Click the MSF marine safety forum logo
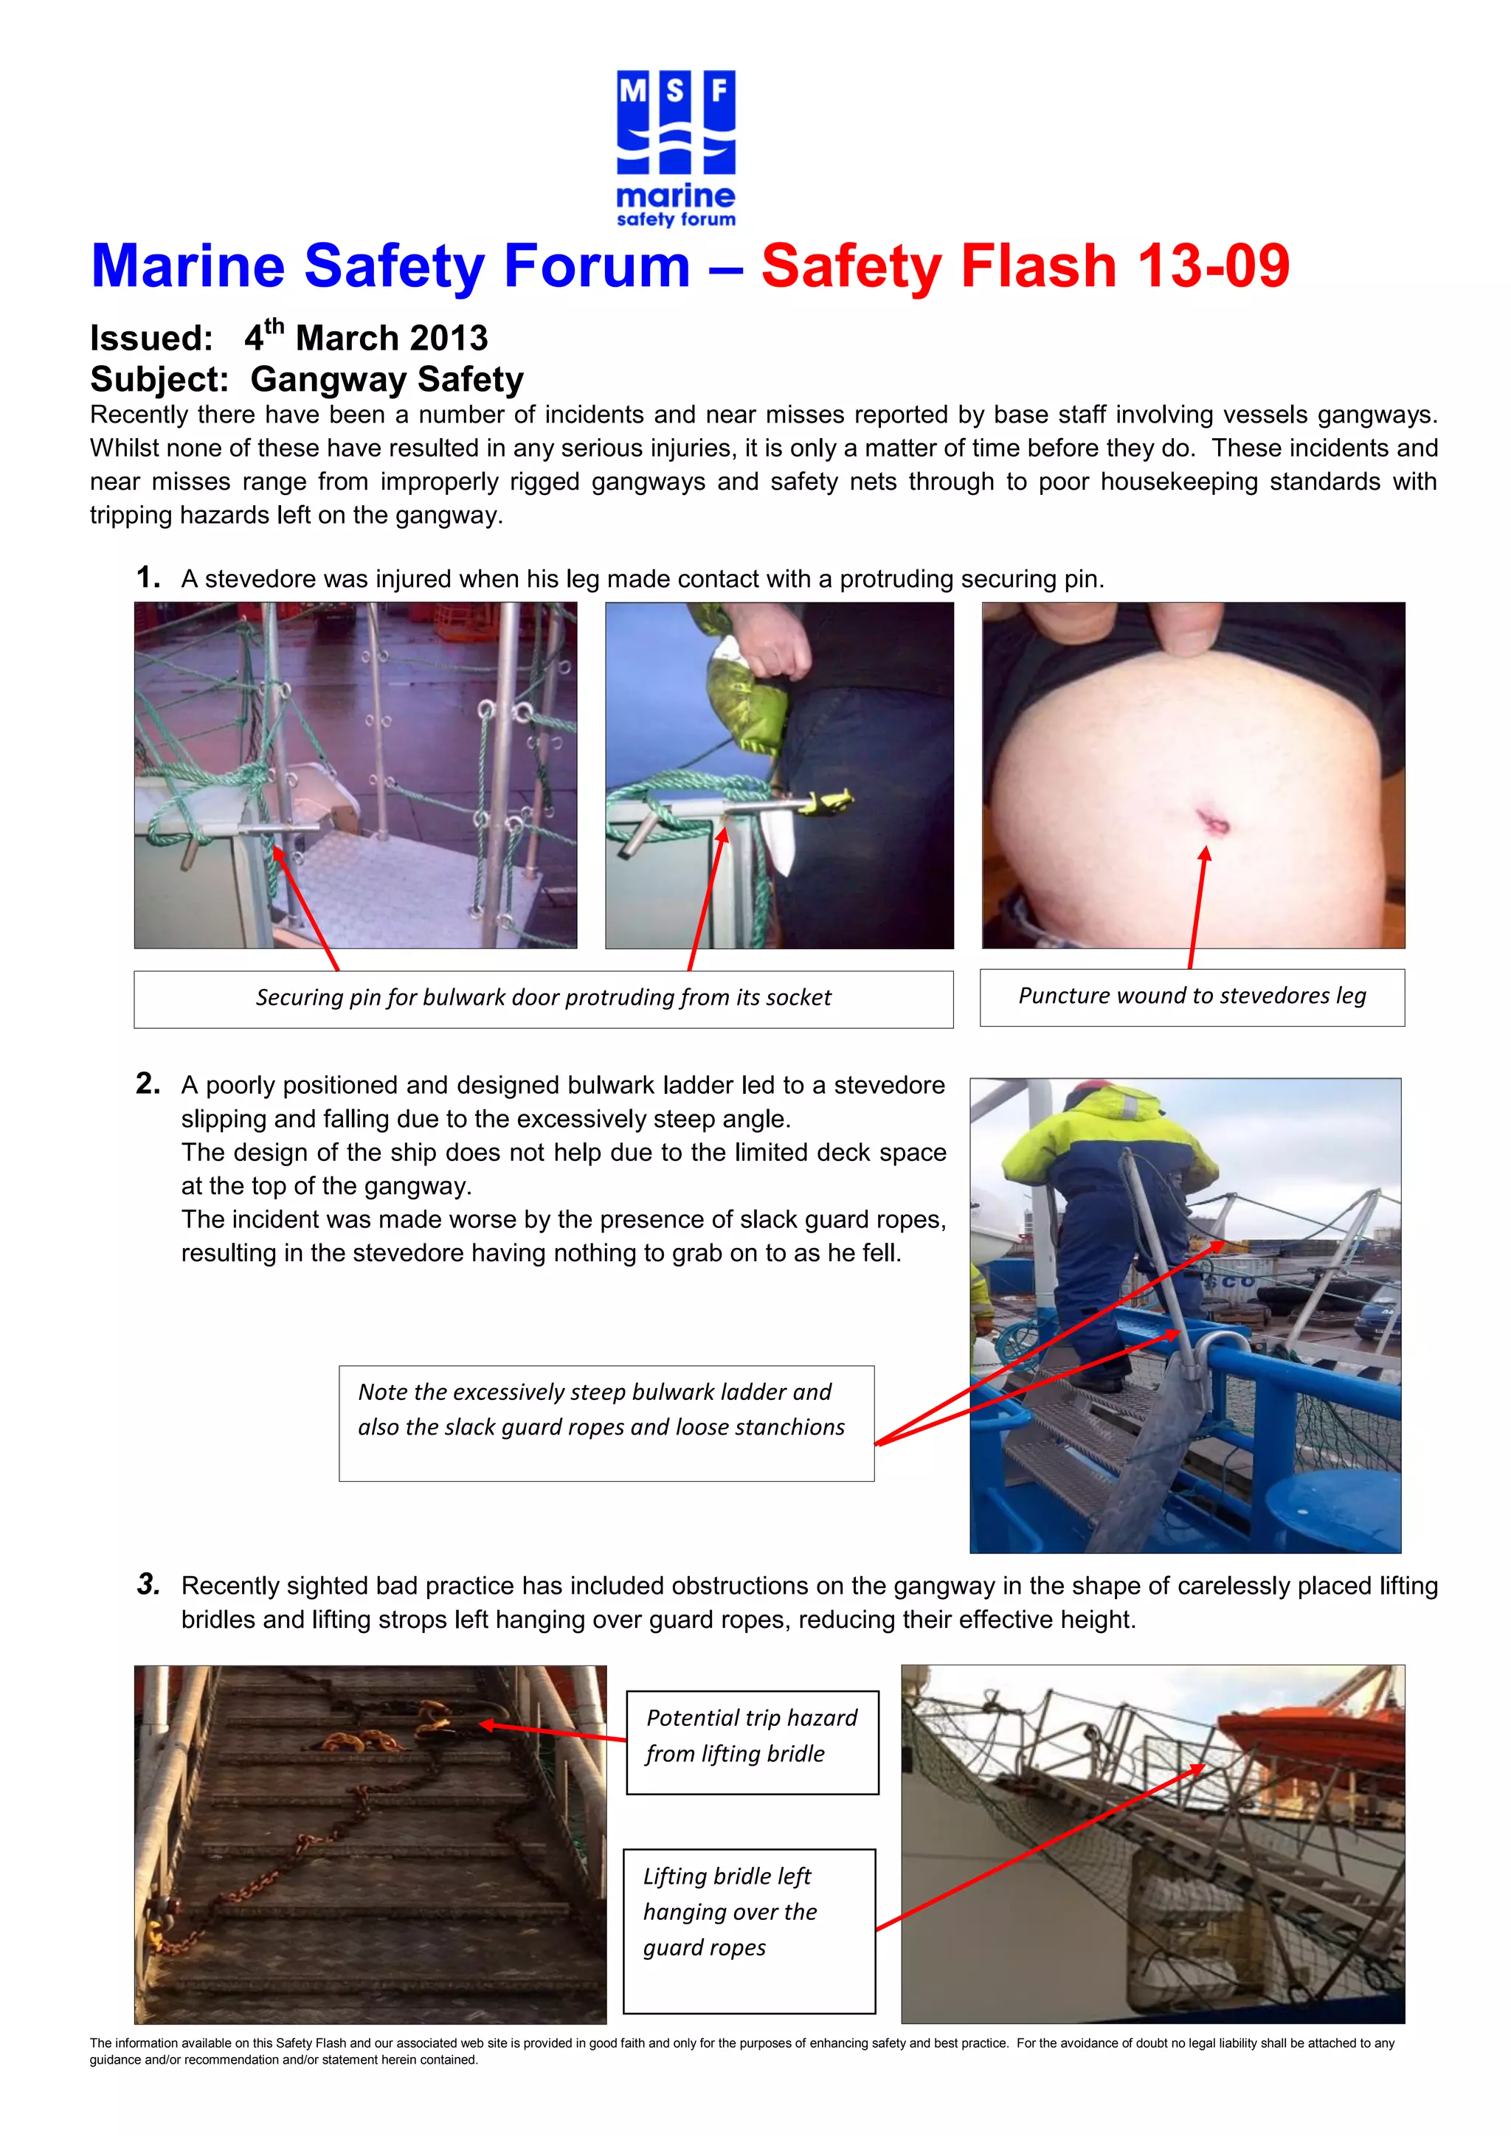(676, 149)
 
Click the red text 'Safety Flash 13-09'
(1026, 266)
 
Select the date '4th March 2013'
(366, 338)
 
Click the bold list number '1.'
(148, 578)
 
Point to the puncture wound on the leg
(1212, 820)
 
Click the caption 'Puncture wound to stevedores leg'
(1192, 996)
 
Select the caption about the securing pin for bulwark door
(543, 998)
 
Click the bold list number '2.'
(148, 1083)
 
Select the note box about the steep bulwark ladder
(606, 1423)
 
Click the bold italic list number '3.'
(148, 1584)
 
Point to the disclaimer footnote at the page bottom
(741, 2051)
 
